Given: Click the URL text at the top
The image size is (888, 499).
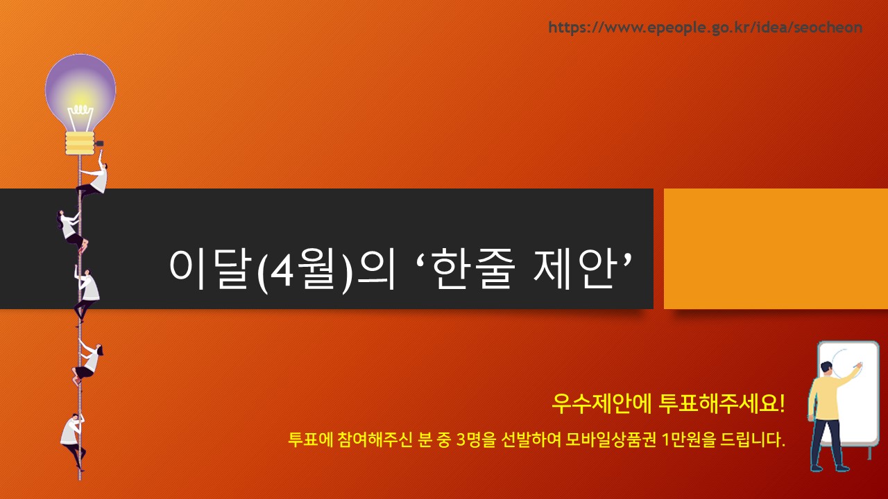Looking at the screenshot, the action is [706, 28].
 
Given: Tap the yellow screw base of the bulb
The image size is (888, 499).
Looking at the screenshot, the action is [80, 143].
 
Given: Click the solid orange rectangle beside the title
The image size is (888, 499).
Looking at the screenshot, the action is [776, 249].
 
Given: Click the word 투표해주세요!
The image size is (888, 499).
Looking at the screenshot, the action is [722, 403].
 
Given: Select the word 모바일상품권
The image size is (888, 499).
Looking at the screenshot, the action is [610, 439].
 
